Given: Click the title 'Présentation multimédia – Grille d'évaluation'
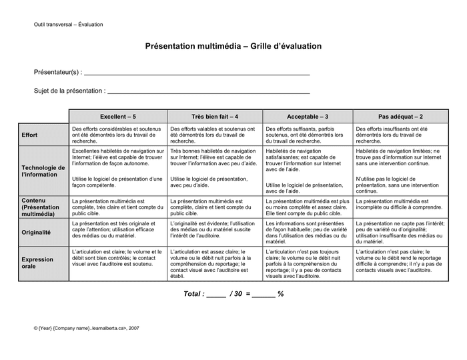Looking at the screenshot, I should (x=233, y=47).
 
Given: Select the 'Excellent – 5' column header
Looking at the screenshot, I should (x=118, y=116).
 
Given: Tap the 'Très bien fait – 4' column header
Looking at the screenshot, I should (x=214, y=116).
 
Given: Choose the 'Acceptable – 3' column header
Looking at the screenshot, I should (x=308, y=116).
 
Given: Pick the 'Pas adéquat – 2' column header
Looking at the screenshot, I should (x=400, y=116).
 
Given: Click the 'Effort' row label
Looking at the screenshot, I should (x=30, y=135).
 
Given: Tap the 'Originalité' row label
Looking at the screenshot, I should (x=36, y=233).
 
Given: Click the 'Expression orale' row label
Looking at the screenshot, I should (x=37, y=263).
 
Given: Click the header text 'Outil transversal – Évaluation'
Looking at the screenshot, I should (x=69, y=25).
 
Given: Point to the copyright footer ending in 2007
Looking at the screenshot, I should (x=87, y=328).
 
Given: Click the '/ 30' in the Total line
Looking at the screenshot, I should (x=236, y=294).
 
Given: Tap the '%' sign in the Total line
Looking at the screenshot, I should (x=281, y=294).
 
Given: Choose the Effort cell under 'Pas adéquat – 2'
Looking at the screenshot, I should (x=400, y=135).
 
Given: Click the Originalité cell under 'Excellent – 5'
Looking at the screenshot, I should (x=118, y=230).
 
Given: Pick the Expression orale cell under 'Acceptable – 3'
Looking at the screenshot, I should (x=308, y=263).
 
